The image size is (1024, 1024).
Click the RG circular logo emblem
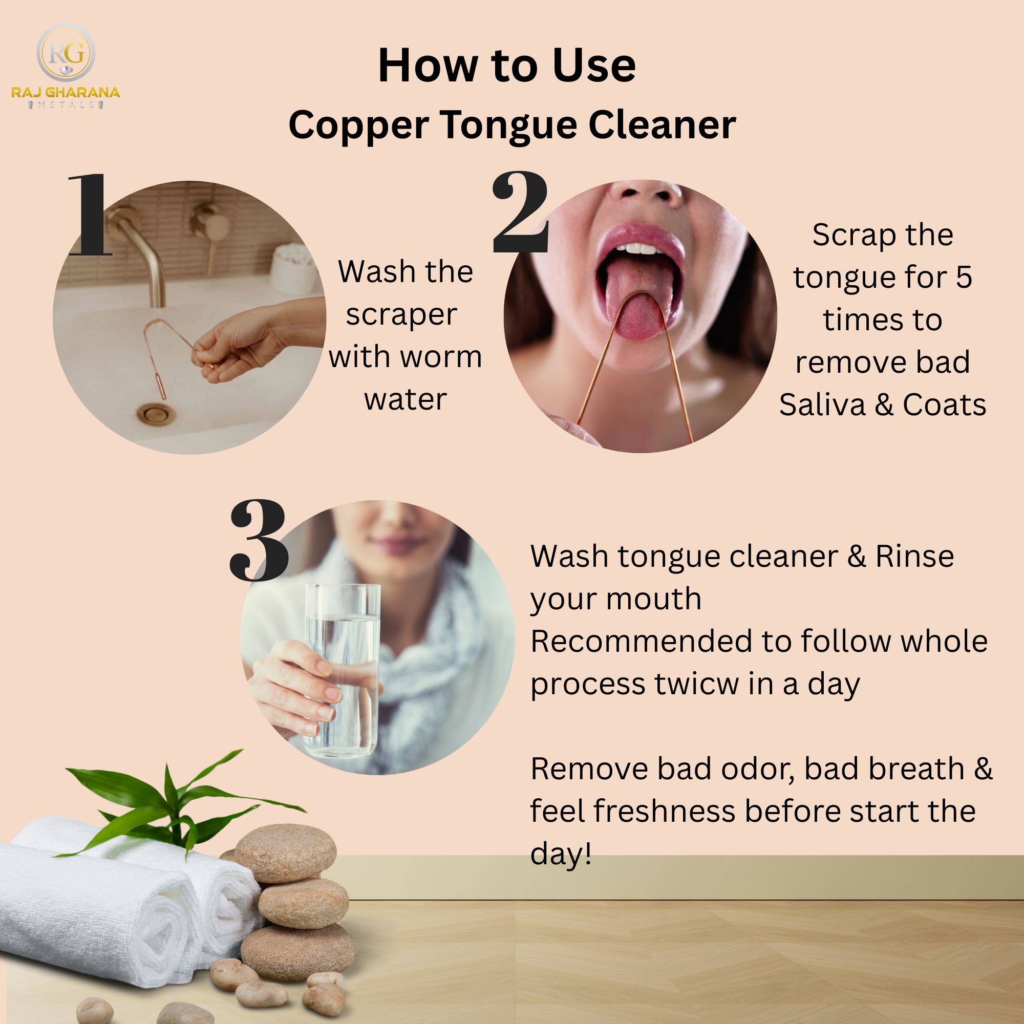coord(66,53)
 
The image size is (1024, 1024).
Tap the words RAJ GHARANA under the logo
coord(66,92)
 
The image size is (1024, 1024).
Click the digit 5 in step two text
coord(964,277)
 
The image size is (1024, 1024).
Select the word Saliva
coord(822,405)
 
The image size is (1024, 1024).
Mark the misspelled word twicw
coord(696,684)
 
